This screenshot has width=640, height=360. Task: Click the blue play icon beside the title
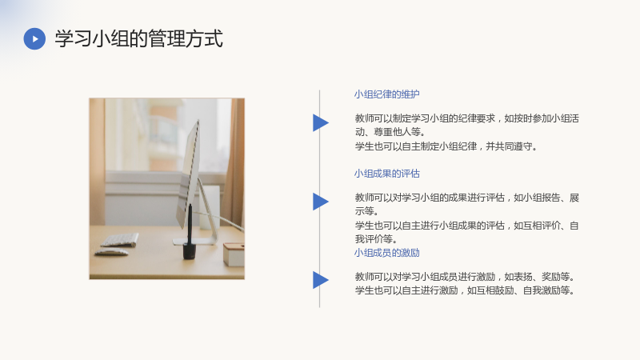(34, 38)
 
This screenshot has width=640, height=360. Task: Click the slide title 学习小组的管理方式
(138, 38)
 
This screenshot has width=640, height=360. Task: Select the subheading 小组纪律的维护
(387, 94)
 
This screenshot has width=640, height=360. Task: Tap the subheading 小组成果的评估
(387, 174)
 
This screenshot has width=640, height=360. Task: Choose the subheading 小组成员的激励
(387, 253)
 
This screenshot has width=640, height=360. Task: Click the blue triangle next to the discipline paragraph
(321, 122)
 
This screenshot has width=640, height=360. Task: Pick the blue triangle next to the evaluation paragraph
(321, 202)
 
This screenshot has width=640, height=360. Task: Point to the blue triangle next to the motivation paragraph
(321, 280)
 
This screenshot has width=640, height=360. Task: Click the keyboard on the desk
(119, 239)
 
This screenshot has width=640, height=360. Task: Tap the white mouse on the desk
(111, 252)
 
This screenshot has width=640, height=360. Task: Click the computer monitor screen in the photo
(188, 174)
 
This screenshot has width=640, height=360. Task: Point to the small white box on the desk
(234, 254)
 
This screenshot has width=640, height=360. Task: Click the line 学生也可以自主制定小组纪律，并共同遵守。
(446, 146)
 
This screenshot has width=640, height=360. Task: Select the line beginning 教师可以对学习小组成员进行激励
(466, 277)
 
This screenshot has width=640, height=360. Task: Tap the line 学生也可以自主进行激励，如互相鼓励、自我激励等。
(466, 290)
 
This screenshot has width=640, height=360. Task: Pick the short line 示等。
(367, 211)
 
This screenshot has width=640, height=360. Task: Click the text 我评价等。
(376, 238)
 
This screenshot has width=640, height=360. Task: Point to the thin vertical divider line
(319, 198)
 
